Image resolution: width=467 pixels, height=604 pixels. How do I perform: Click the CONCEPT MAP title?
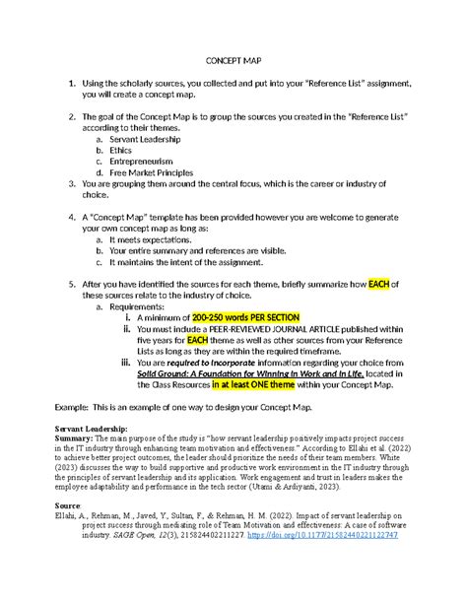(x=233, y=60)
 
